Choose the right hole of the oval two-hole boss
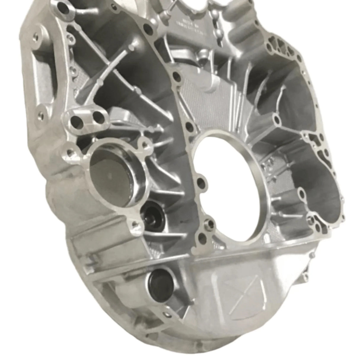pyautogui.click(x=100, y=118)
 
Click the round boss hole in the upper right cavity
pyautogui.click(x=277, y=120)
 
